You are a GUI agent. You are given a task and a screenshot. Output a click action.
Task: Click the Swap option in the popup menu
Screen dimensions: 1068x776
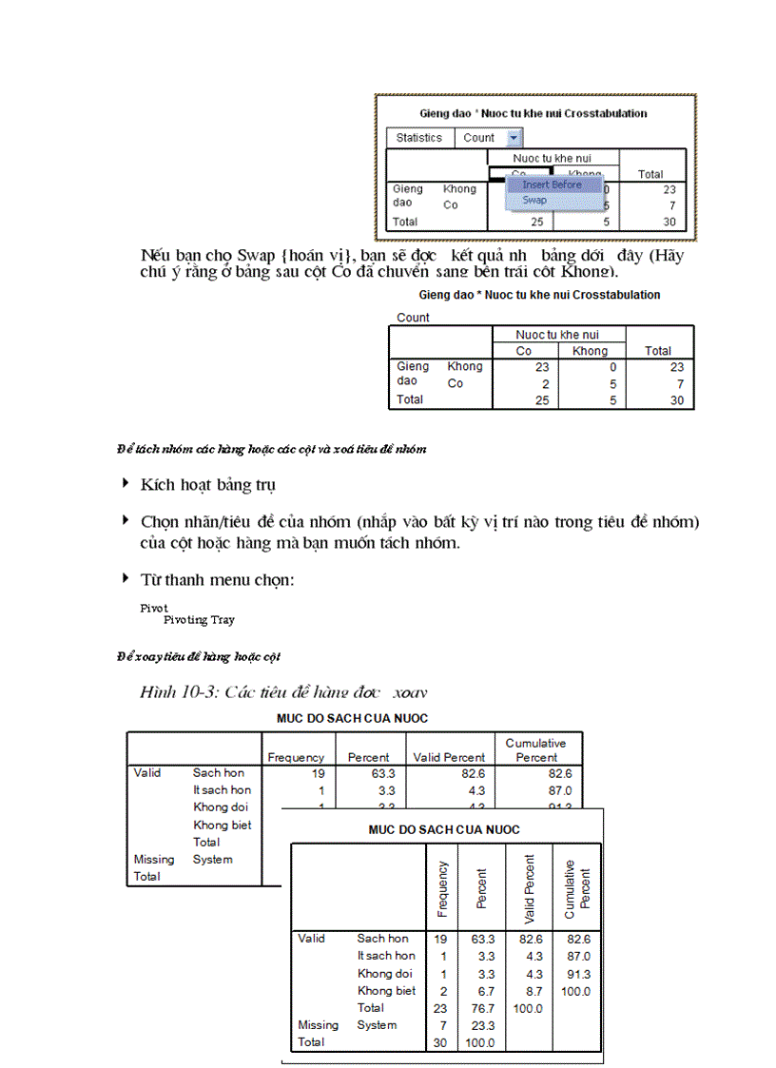tap(534, 201)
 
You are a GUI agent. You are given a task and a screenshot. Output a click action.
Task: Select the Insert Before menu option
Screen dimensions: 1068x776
tap(552, 184)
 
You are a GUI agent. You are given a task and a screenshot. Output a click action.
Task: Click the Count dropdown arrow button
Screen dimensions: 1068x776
tap(514, 138)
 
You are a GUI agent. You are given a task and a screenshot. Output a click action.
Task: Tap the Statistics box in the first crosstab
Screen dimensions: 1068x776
tap(419, 138)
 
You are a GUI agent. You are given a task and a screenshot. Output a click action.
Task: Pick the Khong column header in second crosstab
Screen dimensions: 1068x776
tap(590, 351)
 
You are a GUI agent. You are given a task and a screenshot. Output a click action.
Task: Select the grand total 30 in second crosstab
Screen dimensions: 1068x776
tap(675, 400)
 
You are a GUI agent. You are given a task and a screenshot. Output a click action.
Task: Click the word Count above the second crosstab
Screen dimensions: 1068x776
tap(413, 318)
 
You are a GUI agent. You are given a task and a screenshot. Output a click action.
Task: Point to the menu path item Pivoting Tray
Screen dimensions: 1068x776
tap(199, 620)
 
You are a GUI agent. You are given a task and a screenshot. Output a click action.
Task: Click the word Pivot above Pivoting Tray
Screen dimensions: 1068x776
tap(154, 608)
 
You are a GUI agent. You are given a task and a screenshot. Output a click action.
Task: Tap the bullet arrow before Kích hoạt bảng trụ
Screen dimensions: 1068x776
tap(126, 483)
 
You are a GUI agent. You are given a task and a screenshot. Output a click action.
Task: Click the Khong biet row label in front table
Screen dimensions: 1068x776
tap(386, 991)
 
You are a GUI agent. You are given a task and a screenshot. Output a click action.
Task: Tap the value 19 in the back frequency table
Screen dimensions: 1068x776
tap(318, 773)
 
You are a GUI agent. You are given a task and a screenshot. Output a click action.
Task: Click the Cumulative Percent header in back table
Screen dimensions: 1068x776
tap(536, 750)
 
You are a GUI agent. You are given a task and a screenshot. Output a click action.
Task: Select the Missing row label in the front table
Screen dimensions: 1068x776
tap(318, 1025)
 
